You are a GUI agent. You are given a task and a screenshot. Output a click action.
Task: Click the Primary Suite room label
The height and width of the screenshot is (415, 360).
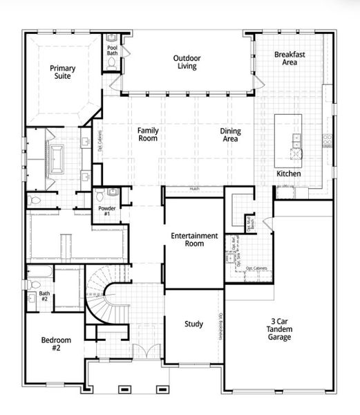click(x=62, y=73)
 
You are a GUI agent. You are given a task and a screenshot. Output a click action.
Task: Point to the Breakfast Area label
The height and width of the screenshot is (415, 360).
click(x=285, y=58)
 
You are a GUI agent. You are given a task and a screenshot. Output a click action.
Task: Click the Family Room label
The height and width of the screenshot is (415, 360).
click(x=147, y=134)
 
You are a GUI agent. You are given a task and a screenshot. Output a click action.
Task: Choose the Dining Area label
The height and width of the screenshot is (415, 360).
click(x=230, y=135)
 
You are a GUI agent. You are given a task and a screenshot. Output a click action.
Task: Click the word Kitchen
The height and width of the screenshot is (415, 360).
click(x=288, y=174)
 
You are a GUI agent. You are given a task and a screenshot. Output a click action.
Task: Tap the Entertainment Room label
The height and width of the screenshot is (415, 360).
click(x=195, y=239)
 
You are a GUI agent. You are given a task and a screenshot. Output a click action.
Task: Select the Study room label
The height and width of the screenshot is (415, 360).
click(x=193, y=324)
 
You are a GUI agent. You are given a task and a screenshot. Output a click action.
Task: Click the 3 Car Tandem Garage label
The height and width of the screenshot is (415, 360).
click(x=280, y=329)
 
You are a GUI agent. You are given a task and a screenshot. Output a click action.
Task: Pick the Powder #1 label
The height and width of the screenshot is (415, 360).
click(x=107, y=210)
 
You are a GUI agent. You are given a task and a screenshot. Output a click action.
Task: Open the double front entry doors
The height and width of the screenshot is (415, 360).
click(x=142, y=351)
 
